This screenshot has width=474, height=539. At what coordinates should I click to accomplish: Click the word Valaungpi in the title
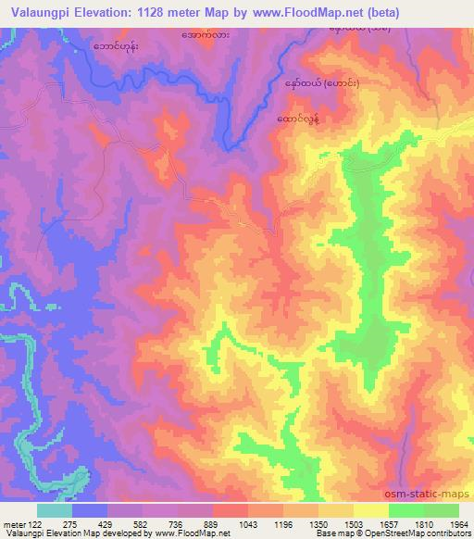point(40,13)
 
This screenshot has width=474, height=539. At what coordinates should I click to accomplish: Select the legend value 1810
point(423,524)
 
